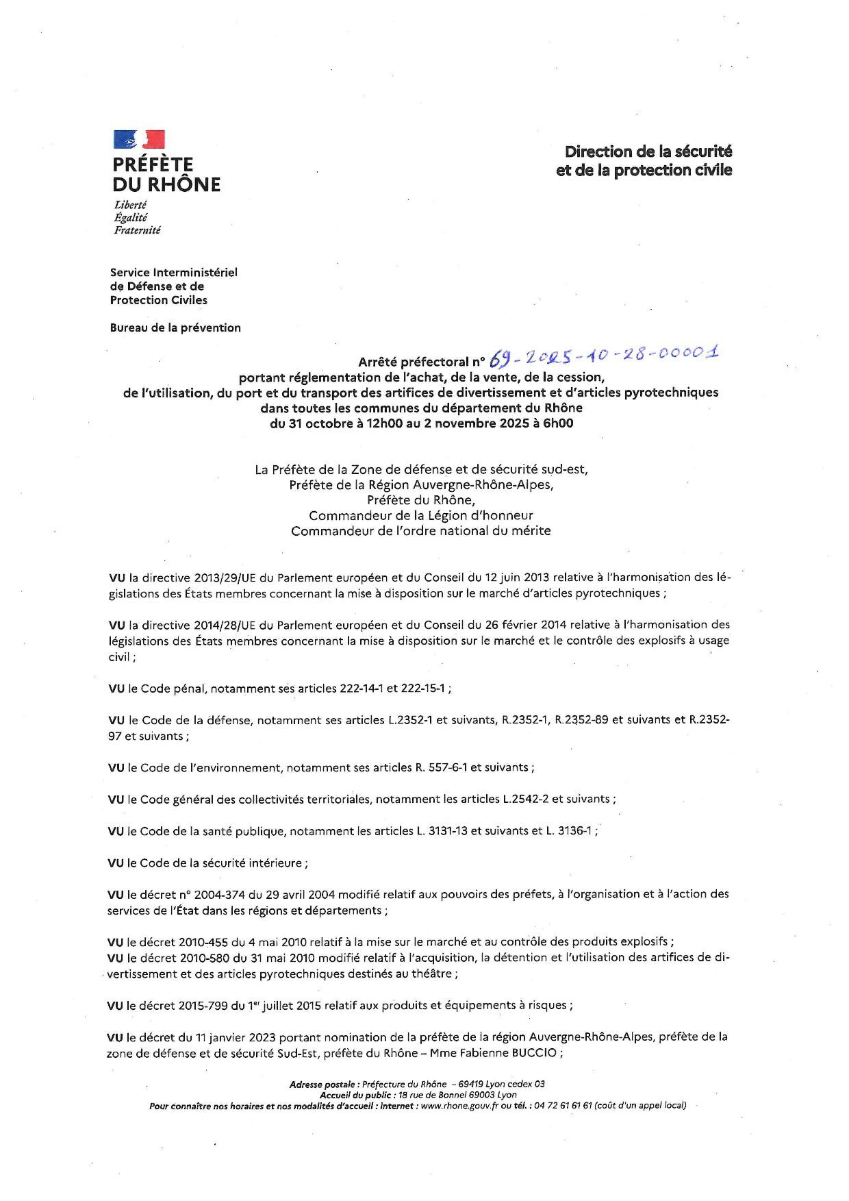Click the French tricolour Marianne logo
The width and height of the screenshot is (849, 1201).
click(x=139, y=139)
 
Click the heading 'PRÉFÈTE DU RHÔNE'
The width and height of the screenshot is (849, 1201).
click(x=166, y=175)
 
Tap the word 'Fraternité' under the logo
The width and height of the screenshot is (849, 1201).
click(x=137, y=231)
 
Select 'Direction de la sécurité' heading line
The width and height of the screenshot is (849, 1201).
click(x=648, y=151)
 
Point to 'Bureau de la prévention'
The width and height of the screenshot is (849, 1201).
click(x=175, y=327)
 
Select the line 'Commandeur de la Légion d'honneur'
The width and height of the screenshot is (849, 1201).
click(x=420, y=515)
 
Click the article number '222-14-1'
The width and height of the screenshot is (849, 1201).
click(x=362, y=689)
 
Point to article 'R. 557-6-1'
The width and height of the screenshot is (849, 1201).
click(x=441, y=767)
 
